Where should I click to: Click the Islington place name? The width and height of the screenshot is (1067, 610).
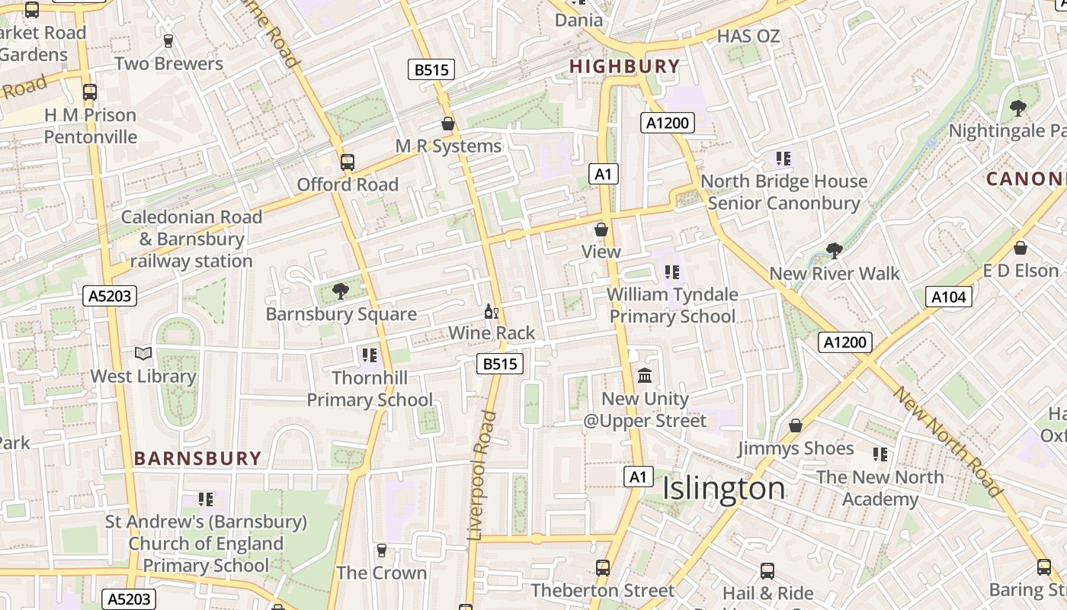pyautogui.click(x=723, y=489)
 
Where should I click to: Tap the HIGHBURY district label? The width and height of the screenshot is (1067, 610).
pyautogui.click(x=624, y=66)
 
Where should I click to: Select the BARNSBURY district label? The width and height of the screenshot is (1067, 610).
pyautogui.click(x=197, y=458)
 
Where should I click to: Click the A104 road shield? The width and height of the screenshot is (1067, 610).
pyautogui.click(x=949, y=297)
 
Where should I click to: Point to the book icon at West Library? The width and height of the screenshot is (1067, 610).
pyautogui.click(x=143, y=353)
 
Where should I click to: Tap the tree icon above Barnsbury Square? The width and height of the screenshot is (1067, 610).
pyautogui.click(x=341, y=291)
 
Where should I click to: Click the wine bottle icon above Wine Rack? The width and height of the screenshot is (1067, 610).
pyautogui.click(x=492, y=311)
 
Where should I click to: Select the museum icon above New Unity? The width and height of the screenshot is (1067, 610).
pyautogui.click(x=645, y=375)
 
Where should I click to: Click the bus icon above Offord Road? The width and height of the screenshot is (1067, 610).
pyautogui.click(x=348, y=162)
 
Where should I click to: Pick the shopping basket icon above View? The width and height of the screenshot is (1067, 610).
pyautogui.click(x=601, y=229)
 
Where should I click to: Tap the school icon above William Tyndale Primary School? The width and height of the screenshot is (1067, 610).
pyautogui.click(x=671, y=271)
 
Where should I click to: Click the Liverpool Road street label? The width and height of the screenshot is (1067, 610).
pyautogui.click(x=482, y=476)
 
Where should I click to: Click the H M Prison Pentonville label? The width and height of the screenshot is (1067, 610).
pyautogui.click(x=90, y=126)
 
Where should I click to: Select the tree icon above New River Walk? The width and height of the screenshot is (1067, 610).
pyautogui.click(x=835, y=250)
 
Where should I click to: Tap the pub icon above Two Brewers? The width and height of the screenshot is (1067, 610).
pyautogui.click(x=168, y=40)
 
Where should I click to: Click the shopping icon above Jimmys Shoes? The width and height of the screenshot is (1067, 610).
pyautogui.click(x=796, y=425)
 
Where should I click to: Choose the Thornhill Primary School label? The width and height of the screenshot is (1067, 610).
pyautogui.click(x=370, y=388)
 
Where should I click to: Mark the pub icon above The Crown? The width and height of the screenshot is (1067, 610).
pyautogui.click(x=382, y=550)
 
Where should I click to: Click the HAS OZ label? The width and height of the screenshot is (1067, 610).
pyautogui.click(x=748, y=36)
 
